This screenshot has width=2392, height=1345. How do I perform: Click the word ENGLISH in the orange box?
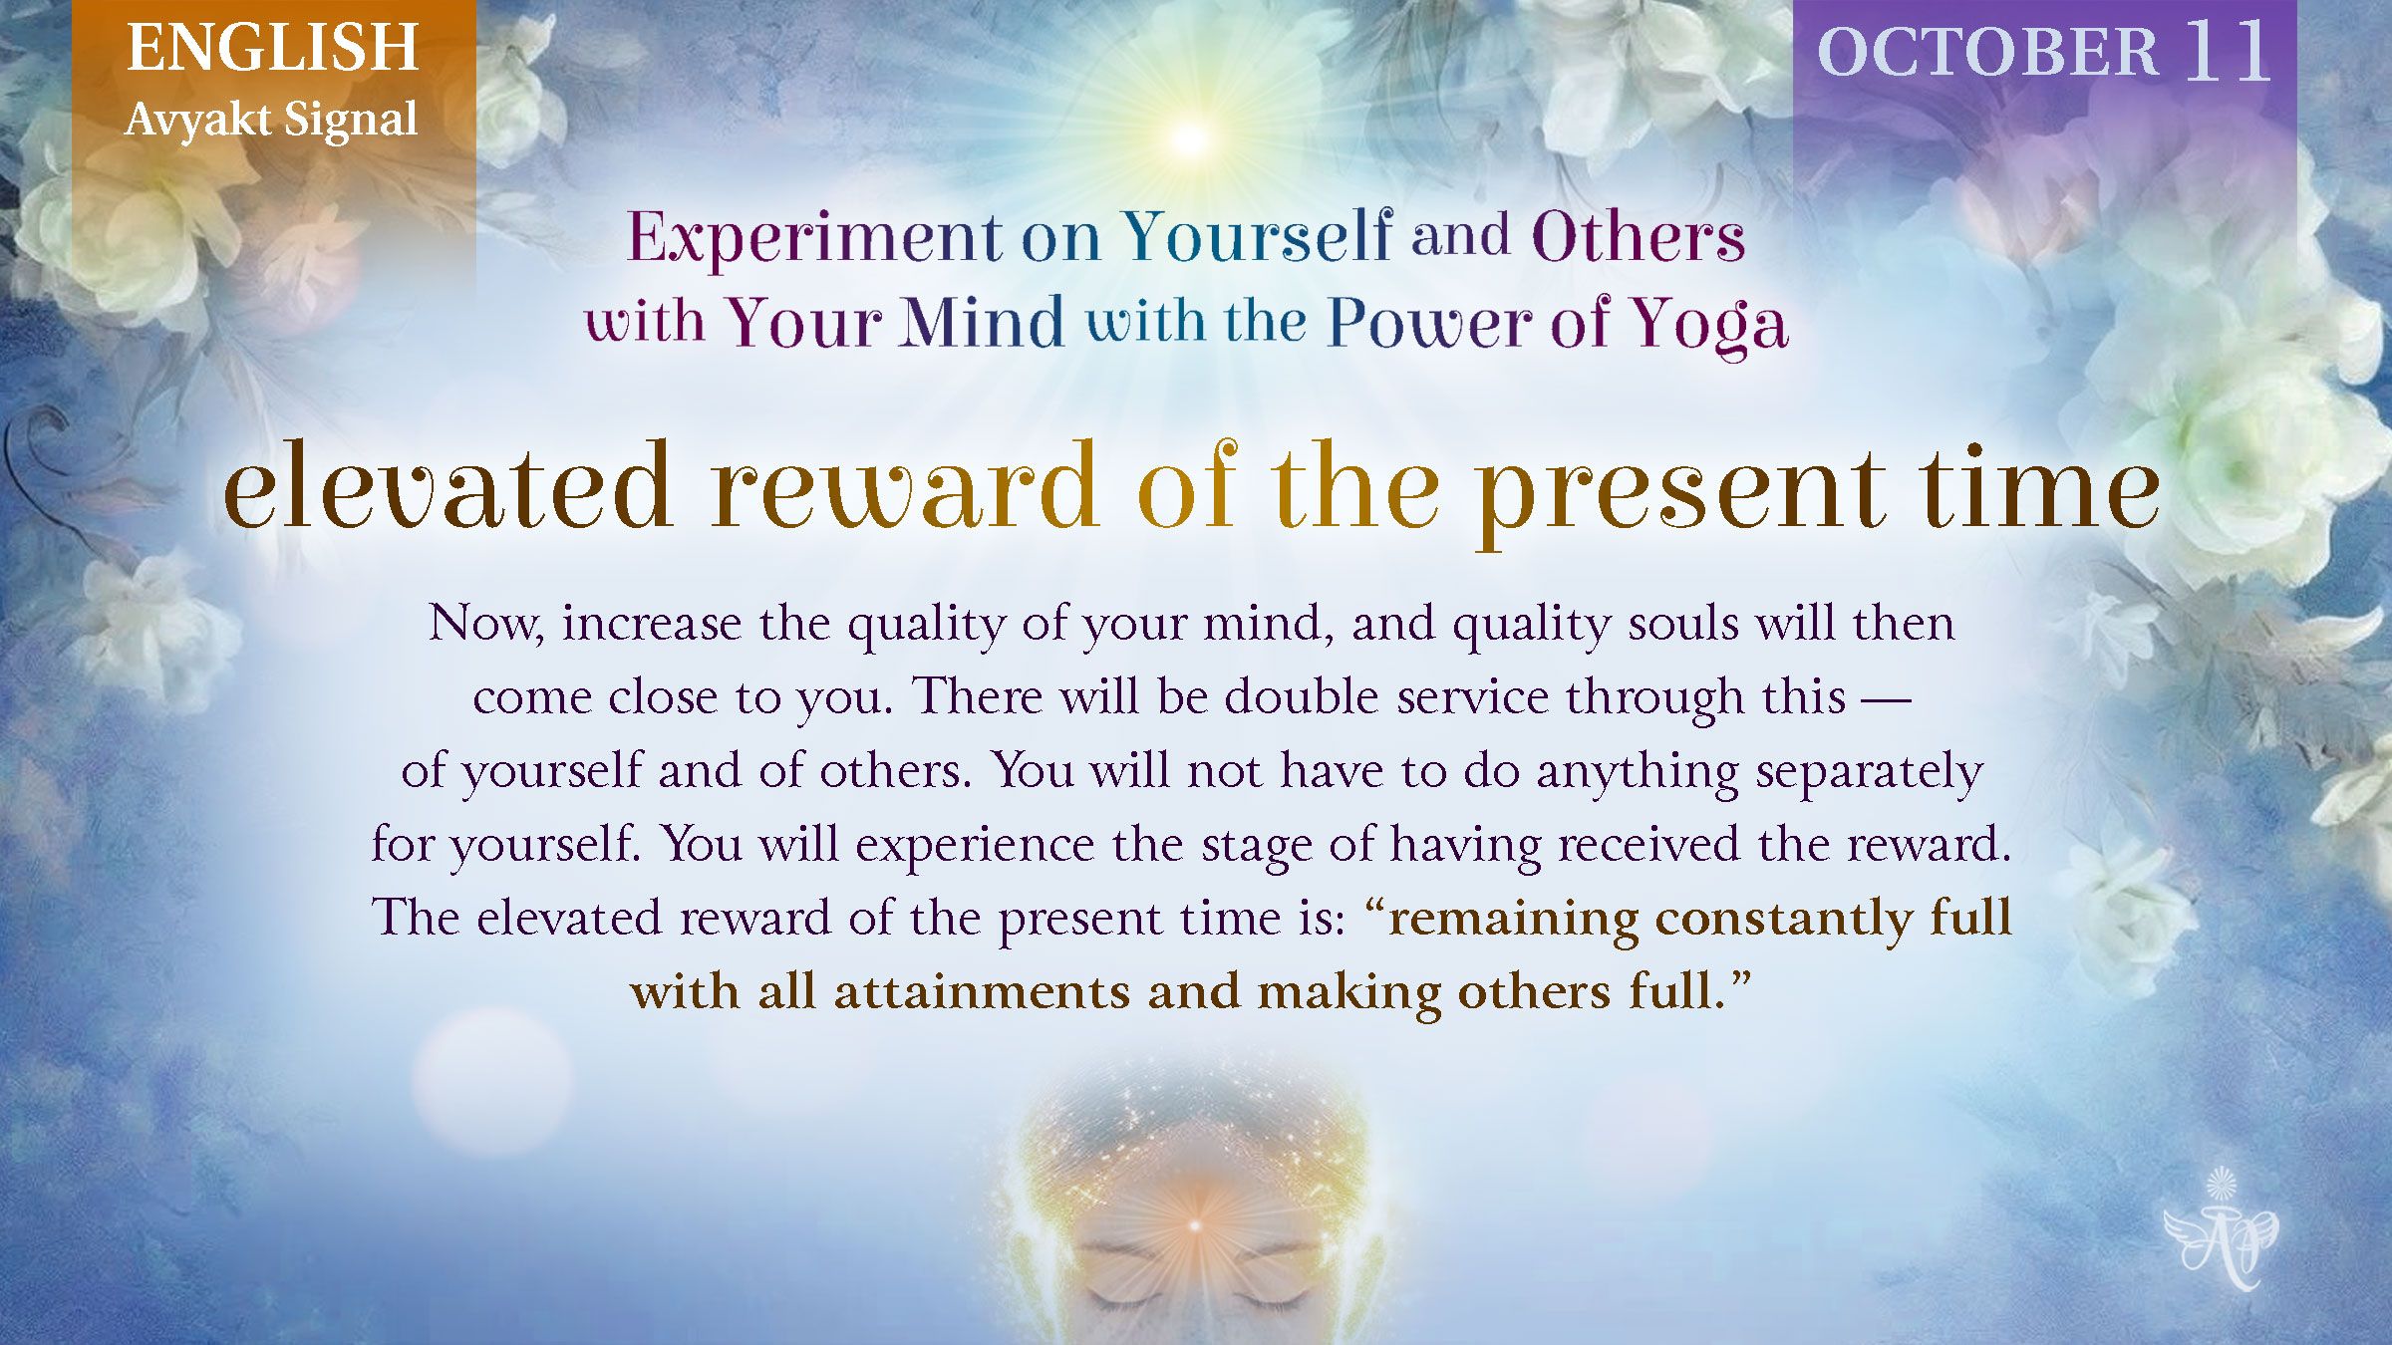(x=272, y=48)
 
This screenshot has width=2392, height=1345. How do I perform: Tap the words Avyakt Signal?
(x=271, y=121)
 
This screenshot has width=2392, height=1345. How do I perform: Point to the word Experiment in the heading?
(x=814, y=239)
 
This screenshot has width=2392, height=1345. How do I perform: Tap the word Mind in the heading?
(x=983, y=323)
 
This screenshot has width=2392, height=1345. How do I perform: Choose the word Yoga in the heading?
(x=1708, y=325)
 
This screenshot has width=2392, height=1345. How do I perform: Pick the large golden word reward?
(x=905, y=488)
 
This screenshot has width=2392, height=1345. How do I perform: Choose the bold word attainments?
(x=981, y=992)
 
